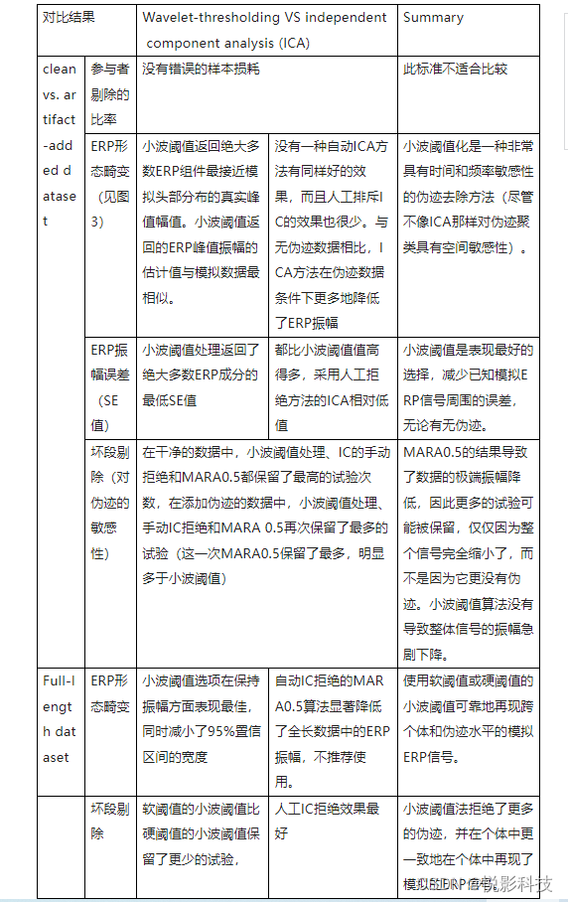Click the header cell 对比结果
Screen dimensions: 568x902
[68, 17]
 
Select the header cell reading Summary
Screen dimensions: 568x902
[433, 17]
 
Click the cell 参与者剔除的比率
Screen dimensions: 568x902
[110, 94]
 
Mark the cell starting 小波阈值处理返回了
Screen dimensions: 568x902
[202, 375]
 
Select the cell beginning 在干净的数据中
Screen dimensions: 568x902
[268, 502]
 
